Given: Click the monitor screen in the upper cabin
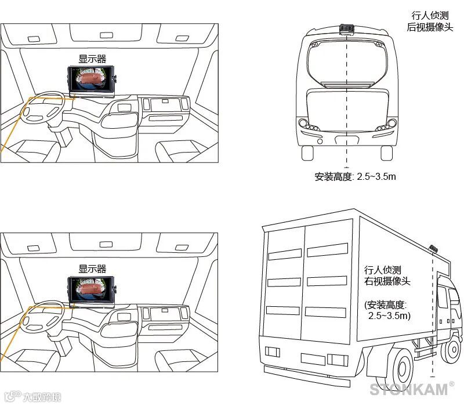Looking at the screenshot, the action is [92, 81].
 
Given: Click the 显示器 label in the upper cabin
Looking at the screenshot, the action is [92, 59].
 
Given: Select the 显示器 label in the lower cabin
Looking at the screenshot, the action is [92, 269].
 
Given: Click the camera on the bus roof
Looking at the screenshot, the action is [347, 28].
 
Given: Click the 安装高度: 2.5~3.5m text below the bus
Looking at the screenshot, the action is [355, 177].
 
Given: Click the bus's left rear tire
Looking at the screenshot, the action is [307, 153].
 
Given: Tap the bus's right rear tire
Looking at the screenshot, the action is [386, 153].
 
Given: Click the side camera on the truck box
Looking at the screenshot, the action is [433, 249].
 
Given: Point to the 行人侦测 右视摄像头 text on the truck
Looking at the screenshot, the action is [387, 276].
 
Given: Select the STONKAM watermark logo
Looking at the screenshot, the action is [409, 389].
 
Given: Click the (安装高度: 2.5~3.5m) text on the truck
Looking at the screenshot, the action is [387, 310].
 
